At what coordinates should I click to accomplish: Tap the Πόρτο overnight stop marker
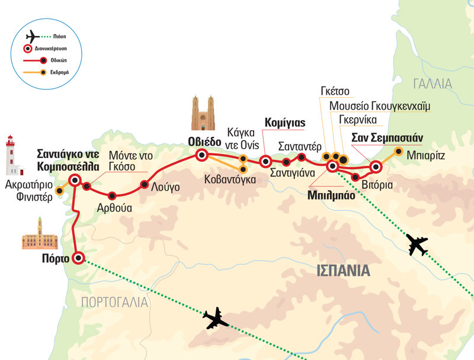[78, 258]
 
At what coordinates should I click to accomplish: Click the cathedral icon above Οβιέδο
[202, 113]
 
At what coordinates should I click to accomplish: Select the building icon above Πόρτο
[39, 234]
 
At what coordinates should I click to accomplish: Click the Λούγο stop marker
[144, 185]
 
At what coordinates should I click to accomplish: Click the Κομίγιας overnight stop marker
[266, 160]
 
